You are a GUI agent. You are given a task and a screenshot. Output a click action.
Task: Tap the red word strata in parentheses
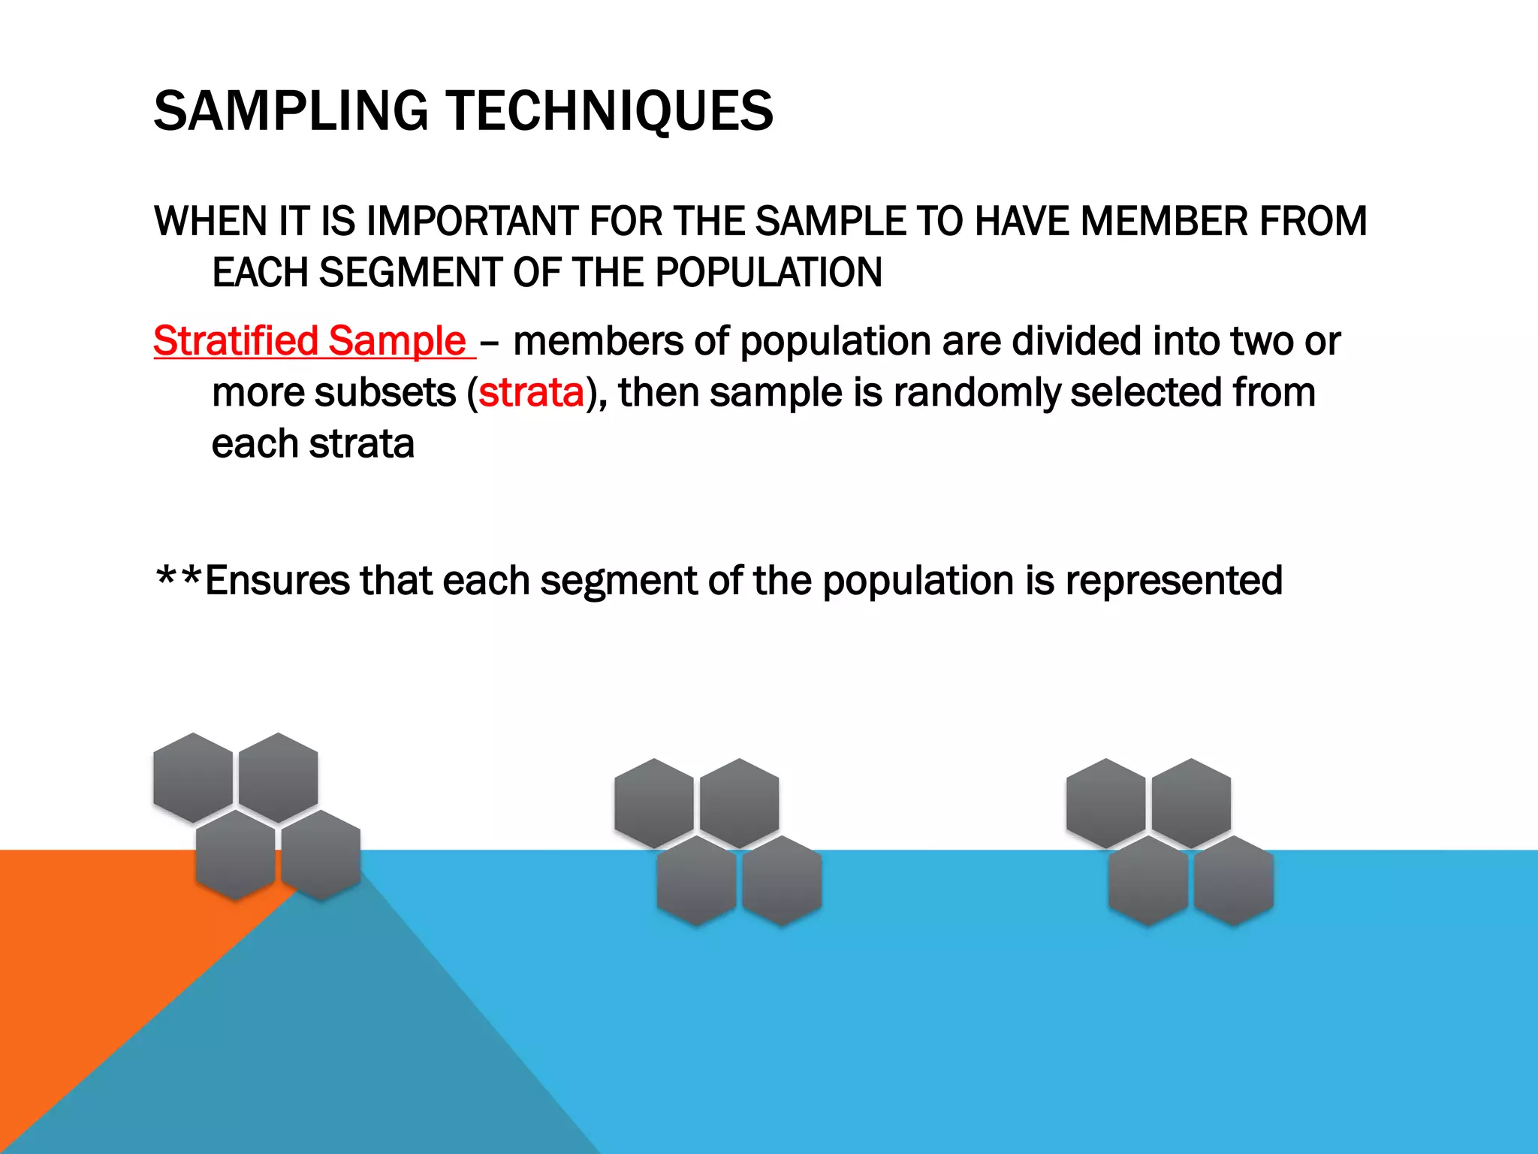[531, 393]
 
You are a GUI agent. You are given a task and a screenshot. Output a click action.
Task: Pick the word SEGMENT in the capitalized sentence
[410, 273]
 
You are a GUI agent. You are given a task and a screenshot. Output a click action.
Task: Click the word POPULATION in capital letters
[768, 273]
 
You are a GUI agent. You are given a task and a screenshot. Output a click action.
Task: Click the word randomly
[976, 393]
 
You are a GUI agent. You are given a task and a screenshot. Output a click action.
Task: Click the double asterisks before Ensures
[178, 579]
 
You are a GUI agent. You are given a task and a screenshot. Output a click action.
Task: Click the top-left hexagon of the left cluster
[193, 777]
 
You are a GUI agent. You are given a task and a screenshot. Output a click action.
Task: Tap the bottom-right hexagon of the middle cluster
[782, 880]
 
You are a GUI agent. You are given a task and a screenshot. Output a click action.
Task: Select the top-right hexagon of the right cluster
[1191, 802]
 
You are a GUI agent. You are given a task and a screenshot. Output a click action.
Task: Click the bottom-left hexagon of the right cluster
[1148, 880]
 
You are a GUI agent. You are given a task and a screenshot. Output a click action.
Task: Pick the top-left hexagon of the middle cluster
[654, 802]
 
